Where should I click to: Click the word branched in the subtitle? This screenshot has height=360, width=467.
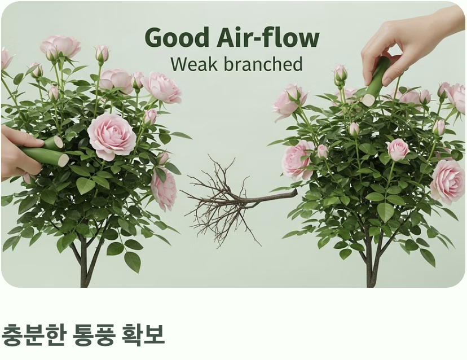(263, 64)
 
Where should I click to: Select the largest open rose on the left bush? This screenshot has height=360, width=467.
(111, 137)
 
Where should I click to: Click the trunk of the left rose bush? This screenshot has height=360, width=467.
(83, 265)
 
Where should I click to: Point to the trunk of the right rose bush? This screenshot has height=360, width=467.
(370, 265)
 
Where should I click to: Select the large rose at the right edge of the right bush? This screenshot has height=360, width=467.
(448, 180)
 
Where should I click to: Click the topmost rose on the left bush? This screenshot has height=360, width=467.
(61, 47)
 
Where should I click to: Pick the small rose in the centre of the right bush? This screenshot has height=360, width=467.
(398, 149)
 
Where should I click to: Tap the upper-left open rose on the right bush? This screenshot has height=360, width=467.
(290, 102)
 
